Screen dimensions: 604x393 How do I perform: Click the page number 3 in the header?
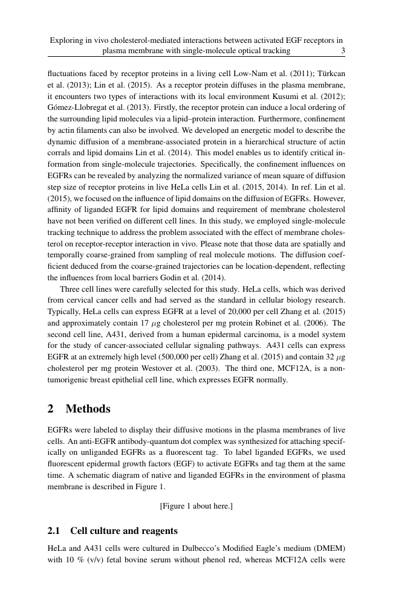pos(343,51)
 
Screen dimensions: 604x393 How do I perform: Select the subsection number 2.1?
pos(54,531)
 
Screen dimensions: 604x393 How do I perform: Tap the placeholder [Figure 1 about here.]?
pos(196,505)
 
